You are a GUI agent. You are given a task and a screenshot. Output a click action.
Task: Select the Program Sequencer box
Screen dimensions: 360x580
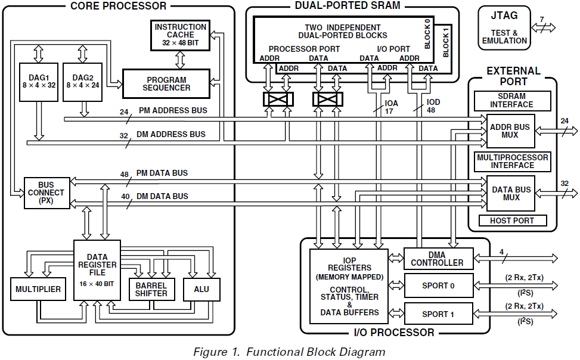[166, 84]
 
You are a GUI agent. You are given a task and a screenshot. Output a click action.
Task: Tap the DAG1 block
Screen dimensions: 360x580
[38, 81]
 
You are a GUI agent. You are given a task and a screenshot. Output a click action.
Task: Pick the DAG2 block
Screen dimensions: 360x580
[83, 81]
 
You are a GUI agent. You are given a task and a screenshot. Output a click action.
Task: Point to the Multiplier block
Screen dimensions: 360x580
[38, 289]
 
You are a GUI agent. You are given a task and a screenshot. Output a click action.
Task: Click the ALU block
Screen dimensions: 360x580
[201, 289]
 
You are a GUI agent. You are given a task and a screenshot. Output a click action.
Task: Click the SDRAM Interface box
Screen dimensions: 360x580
[511, 100]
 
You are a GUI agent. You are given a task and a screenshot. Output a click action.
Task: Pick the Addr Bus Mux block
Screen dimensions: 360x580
[510, 131]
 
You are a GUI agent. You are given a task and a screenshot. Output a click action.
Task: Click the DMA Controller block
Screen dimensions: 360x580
[437, 258]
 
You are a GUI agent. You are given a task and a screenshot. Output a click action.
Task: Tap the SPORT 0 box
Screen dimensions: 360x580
[437, 285]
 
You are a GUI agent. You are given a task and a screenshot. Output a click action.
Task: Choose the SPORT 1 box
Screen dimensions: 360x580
[437, 314]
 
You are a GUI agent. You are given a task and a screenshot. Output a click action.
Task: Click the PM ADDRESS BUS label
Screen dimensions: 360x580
[173, 111]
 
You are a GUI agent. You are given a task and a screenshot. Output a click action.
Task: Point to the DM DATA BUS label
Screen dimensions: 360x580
[163, 197]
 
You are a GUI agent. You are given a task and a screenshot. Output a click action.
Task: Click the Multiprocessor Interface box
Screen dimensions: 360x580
[511, 161]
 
